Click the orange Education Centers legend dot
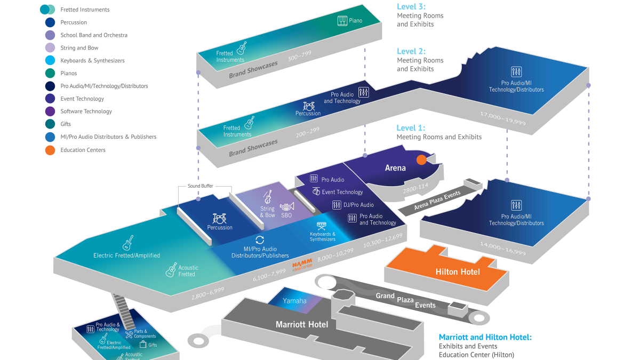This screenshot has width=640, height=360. [50, 150]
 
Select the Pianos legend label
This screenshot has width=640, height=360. [69, 74]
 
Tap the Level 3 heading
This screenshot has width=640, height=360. [411, 7]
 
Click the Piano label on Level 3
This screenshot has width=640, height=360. [355, 21]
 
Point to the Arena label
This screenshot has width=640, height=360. [395, 168]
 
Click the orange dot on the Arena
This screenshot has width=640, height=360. [421, 159]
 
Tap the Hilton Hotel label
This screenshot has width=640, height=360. [458, 272]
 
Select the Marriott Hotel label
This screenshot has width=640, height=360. [302, 324]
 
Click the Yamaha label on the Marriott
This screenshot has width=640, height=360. [294, 301]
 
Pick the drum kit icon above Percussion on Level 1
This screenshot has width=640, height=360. [219, 218]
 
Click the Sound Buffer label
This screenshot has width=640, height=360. [200, 186]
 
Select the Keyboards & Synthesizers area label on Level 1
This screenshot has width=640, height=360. [322, 236]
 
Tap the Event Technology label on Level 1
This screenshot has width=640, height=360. [342, 192]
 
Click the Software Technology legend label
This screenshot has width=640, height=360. [86, 111]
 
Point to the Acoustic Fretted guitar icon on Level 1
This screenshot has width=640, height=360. [171, 270]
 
